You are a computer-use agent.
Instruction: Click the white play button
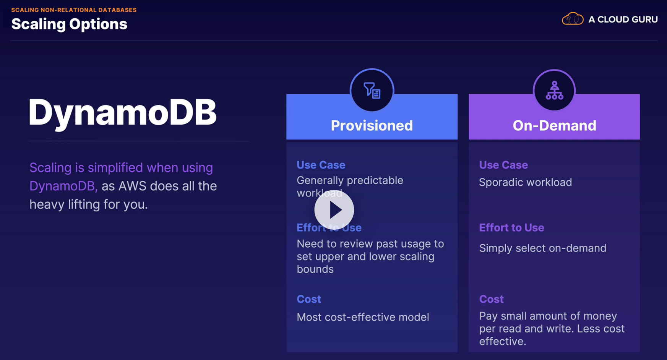pyautogui.click(x=334, y=210)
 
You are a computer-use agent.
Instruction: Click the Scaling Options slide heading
pyautogui.click(x=69, y=24)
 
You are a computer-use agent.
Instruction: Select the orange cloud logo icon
pyautogui.click(x=573, y=19)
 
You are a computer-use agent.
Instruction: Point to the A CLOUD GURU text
pyautogui.click(x=623, y=19)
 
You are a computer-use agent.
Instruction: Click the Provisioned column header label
pyautogui.click(x=372, y=125)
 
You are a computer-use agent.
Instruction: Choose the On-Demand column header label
pyautogui.click(x=554, y=125)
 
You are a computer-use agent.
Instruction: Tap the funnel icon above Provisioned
pyautogui.click(x=372, y=91)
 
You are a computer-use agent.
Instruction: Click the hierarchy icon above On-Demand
pyautogui.click(x=554, y=91)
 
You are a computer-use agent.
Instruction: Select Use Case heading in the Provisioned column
pyautogui.click(x=321, y=165)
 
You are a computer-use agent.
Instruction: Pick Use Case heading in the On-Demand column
pyautogui.click(x=503, y=165)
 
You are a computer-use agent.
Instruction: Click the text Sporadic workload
pyautogui.click(x=526, y=182)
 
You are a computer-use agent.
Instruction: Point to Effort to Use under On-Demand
pyautogui.click(x=511, y=228)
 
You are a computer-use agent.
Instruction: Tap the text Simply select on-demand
pyautogui.click(x=543, y=248)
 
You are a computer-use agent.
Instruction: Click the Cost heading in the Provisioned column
pyautogui.click(x=309, y=299)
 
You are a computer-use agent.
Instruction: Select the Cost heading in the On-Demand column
pyautogui.click(x=491, y=299)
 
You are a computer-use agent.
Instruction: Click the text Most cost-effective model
pyautogui.click(x=363, y=317)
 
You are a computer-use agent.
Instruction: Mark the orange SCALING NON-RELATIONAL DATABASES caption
pyautogui.click(x=74, y=10)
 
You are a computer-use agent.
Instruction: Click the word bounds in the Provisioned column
pyautogui.click(x=315, y=269)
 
